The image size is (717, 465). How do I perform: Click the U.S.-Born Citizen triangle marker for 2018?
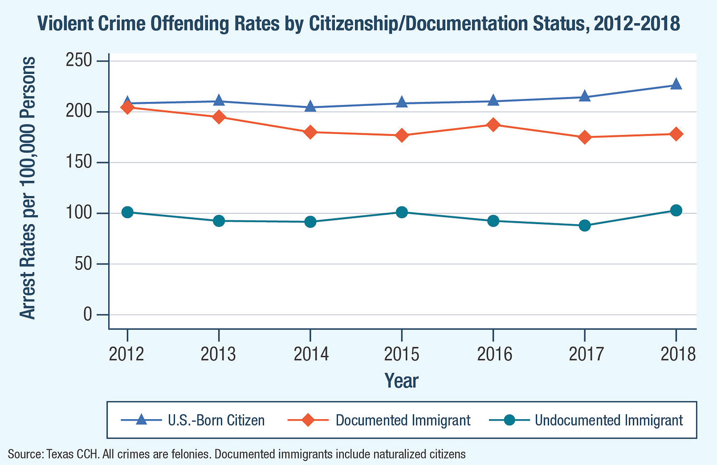(676, 84)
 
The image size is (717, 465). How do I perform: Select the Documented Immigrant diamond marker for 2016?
(493, 125)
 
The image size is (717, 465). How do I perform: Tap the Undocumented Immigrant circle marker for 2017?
(585, 226)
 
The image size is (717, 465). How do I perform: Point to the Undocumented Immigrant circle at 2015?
(402, 212)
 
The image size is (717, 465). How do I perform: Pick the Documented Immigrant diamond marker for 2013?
(219, 117)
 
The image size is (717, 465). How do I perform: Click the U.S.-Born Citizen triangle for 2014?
(310, 106)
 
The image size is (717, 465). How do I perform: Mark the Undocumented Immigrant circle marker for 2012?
(128, 212)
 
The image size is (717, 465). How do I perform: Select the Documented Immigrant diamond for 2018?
(676, 134)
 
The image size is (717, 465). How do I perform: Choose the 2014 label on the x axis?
(310, 354)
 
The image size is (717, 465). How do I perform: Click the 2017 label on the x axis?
(585, 354)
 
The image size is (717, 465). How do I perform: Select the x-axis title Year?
(401, 381)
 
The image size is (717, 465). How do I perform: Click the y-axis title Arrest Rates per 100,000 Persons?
(28, 188)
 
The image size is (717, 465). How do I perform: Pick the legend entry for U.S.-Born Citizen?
(216, 420)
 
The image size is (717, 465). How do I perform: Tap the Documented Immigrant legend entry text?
(403, 420)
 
